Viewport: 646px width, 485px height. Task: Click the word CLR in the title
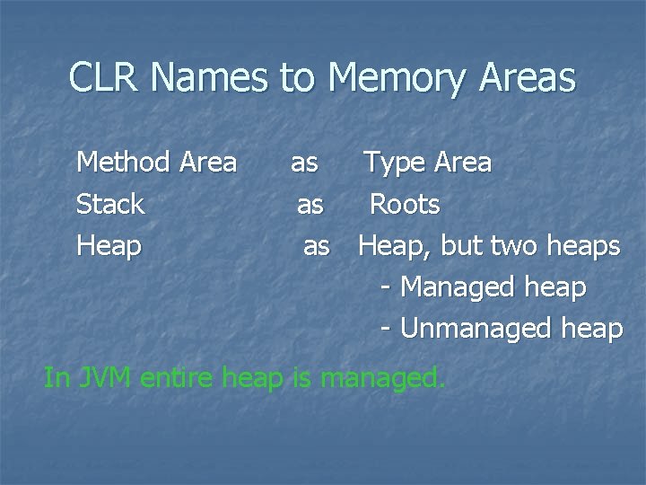point(105,79)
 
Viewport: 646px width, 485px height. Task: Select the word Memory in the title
point(396,79)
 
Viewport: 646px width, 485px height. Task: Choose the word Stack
point(110,205)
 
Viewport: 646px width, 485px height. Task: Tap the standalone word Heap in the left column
point(109,245)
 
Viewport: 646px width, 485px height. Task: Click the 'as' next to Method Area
point(304,163)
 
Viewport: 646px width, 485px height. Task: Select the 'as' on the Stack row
point(310,205)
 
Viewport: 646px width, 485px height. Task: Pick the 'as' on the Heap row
point(317,245)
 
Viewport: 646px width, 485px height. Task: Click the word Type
point(393,163)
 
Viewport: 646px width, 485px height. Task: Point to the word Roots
point(405,205)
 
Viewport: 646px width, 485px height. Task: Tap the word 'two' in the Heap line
point(519,245)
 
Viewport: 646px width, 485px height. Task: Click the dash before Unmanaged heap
point(386,330)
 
